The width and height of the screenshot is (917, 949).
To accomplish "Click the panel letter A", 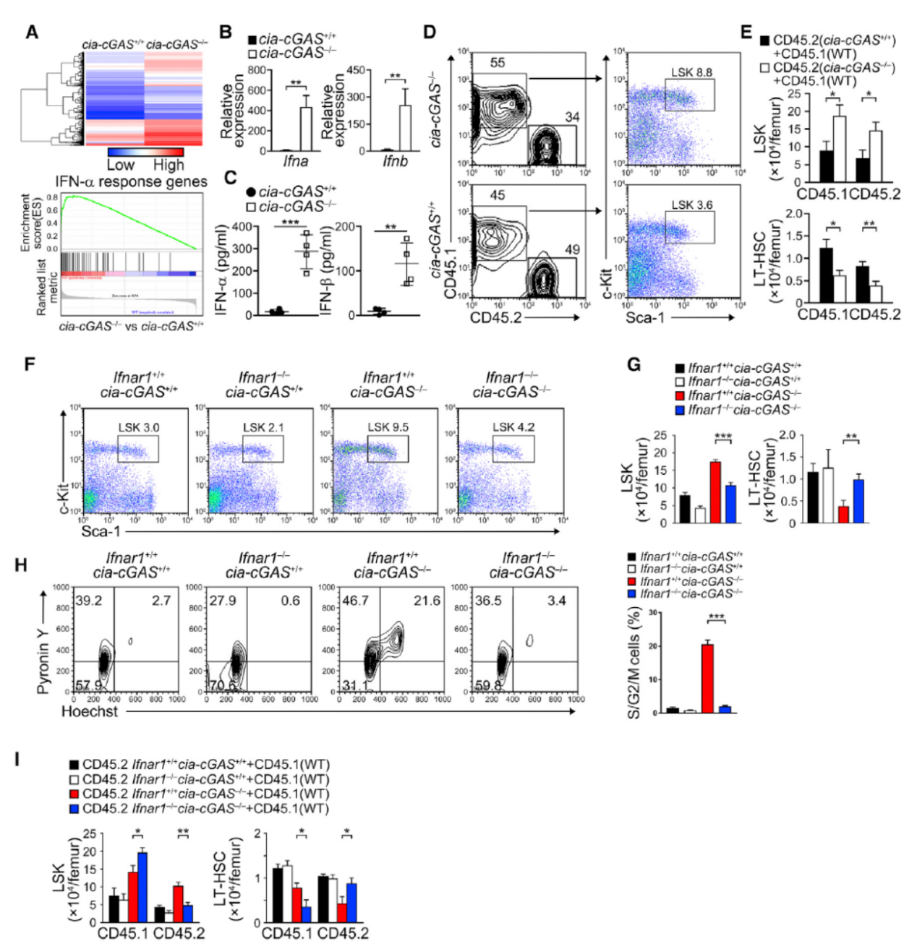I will (x=33, y=33).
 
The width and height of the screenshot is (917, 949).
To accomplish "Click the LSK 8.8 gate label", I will (x=691, y=72).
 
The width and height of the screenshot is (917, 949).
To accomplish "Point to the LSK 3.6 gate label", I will (x=691, y=205).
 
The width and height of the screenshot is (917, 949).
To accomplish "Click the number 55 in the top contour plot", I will (x=498, y=63).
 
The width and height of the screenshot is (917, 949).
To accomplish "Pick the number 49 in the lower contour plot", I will (x=572, y=249).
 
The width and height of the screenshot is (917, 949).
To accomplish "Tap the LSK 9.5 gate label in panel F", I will (x=388, y=427).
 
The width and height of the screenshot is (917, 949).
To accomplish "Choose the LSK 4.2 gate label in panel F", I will (x=513, y=427).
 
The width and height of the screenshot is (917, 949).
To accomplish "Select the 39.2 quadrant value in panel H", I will (x=89, y=601).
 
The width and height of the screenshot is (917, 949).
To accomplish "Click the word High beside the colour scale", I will (x=168, y=166).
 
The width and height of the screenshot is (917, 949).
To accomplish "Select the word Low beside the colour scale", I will (x=120, y=166).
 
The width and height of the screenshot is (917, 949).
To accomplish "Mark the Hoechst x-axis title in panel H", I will (x=90, y=711).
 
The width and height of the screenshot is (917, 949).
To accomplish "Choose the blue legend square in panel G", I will (x=679, y=410).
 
